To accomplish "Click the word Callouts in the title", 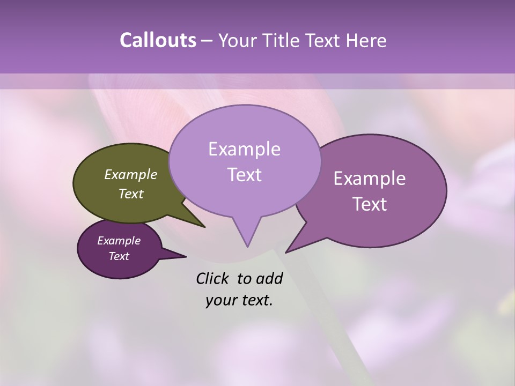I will [x=158, y=41].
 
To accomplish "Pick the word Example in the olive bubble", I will [x=131, y=175].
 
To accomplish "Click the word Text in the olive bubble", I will [x=131, y=194].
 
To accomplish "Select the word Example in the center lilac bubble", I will [x=244, y=149].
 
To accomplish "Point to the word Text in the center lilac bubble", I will [x=244, y=175].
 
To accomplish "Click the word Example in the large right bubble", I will [x=370, y=179].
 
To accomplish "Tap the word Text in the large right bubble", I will [x=370, y=204].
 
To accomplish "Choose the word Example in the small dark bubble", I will [x=119, y=241].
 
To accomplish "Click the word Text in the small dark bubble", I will [x=119, y=256].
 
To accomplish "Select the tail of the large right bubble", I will [x=298, y=242].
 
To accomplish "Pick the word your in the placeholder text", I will [x=221, y=300].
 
